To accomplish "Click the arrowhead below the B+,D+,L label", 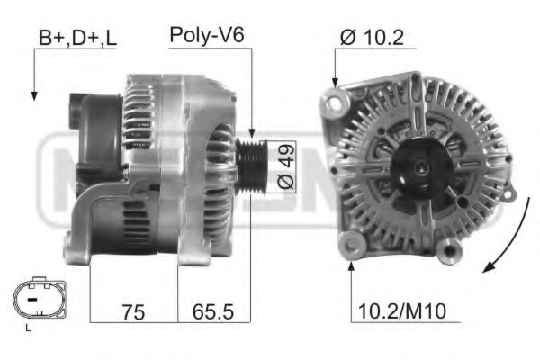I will coord(34,94).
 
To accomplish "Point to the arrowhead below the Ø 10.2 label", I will coord(336,82).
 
